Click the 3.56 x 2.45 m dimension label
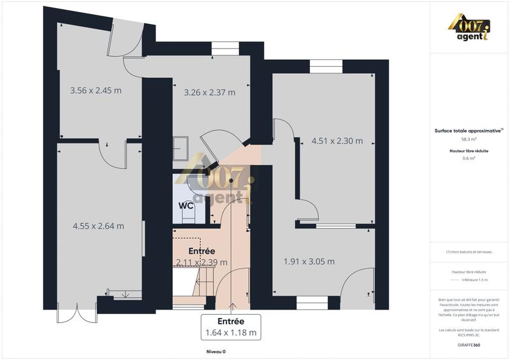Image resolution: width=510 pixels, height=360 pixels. (x=96, y=90)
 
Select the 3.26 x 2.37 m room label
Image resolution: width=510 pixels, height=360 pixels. (x=209, y=92)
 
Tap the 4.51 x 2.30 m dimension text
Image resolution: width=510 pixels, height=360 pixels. (x=337, y=141)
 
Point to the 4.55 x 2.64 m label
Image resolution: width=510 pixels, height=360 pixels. (x=98, y=226)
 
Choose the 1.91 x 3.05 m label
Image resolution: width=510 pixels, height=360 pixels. (x=309, y=261)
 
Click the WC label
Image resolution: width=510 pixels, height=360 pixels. (x=186, y=206)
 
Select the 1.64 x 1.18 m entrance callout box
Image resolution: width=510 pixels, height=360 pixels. (x=231, y=327)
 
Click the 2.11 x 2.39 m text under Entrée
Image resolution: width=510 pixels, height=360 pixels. (x=201, y=262)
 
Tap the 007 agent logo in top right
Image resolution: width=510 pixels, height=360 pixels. (x=469, y=28)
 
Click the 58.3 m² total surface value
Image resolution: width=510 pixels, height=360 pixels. (x=469, y=138)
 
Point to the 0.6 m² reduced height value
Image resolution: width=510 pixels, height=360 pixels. (x=469, y=159)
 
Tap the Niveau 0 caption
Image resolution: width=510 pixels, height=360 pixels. (x=215, y=352)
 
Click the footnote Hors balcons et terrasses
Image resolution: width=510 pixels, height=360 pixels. (x=469, y=252)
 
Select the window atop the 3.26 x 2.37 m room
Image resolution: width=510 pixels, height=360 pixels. (x=224, y=45)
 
